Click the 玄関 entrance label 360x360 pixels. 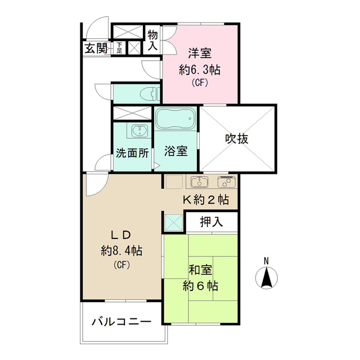click(96, 48)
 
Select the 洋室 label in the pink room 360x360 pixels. click(200, 54)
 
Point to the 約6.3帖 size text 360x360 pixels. click(200, 70)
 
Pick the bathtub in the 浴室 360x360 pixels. click(175, 119)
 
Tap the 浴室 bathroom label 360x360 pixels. click(176, 151)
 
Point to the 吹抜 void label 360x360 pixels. click(237, 138)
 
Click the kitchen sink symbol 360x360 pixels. click(199, 182)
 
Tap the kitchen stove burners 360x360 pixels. click(226, 182)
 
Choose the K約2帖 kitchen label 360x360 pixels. click(205, 199)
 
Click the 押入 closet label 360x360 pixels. click(211, 222)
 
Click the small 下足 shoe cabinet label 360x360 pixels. click(120, 48)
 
